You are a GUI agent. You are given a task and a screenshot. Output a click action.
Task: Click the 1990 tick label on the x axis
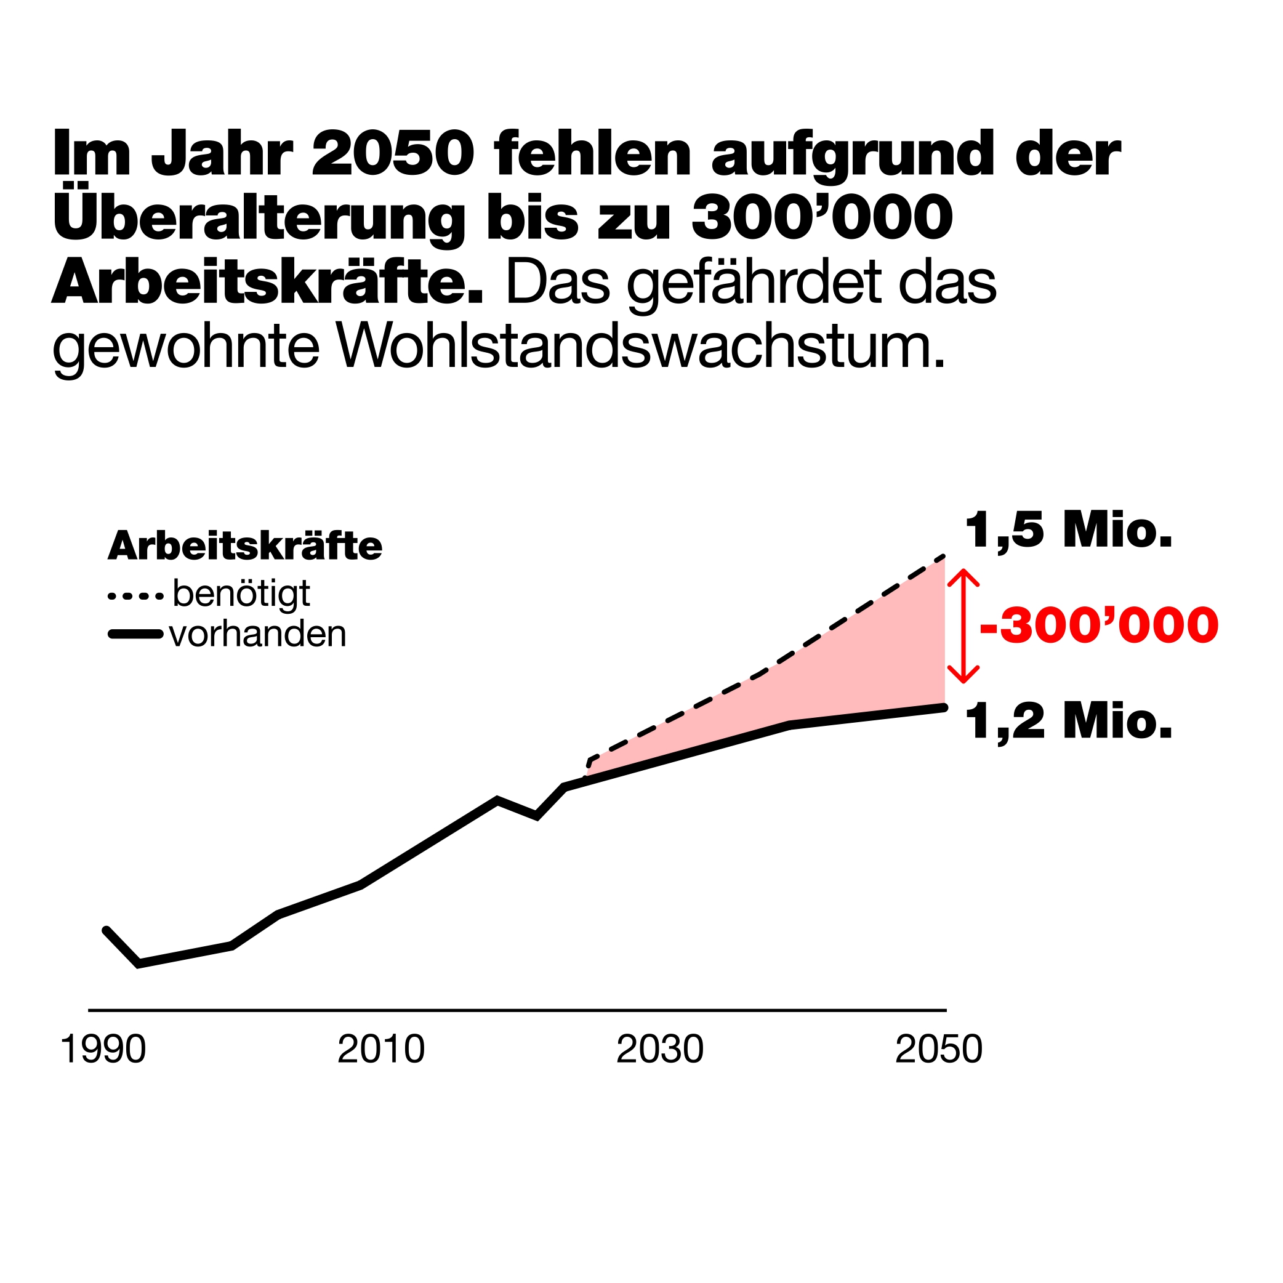[x=103, y=1050]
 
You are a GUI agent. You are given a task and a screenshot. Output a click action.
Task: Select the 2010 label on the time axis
[x=380, y=1050]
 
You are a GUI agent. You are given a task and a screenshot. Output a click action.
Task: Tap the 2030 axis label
[x=659, y=1050]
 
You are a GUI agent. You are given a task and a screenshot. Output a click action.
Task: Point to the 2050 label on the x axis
[x=938, y=1050]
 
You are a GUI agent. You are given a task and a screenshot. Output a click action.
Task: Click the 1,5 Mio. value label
[x=1069, y=531]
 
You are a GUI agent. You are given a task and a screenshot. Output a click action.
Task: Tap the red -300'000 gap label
[x=1099, y=625]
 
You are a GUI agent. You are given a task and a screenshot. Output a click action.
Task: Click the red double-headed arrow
[x=963, y=625]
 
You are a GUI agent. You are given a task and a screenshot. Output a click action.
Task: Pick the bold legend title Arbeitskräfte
[x=245, y=546]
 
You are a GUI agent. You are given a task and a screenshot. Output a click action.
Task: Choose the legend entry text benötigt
[x=241, y=593]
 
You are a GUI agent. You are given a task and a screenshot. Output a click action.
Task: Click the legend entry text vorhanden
[x=258, y=634]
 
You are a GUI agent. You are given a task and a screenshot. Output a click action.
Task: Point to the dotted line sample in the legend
[x=135, y=596]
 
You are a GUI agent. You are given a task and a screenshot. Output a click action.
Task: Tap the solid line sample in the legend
[x=135, y=635]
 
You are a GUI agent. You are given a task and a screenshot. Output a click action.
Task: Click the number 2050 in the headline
[x=393, y=154]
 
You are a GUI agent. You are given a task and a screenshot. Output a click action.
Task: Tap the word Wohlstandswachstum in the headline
[x=640, y=347]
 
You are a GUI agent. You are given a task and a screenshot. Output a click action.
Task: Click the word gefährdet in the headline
[x=758, y=285]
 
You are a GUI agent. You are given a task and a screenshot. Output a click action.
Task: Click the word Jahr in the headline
[x=222, y=155]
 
